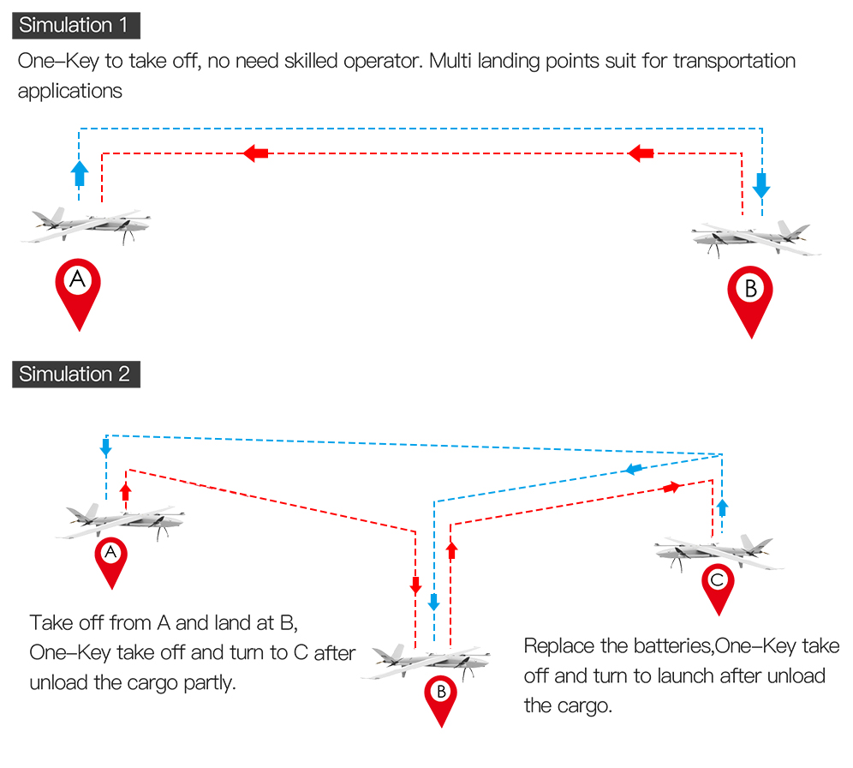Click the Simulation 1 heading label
click(75, 25)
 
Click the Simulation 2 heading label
click(75, 375)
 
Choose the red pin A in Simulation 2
click(110, 559)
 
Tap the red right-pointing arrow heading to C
click(671, 487)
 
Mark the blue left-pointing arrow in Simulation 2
click(633, 469)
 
